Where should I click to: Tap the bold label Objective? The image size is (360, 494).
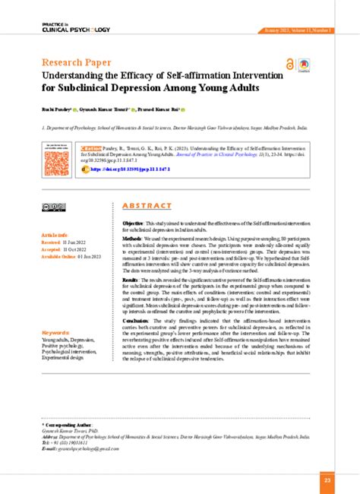133,223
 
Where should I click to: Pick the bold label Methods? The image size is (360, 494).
131,239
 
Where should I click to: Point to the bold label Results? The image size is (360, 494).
131,280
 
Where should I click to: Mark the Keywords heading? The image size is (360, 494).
57,333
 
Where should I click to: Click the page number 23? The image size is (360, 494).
327,480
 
